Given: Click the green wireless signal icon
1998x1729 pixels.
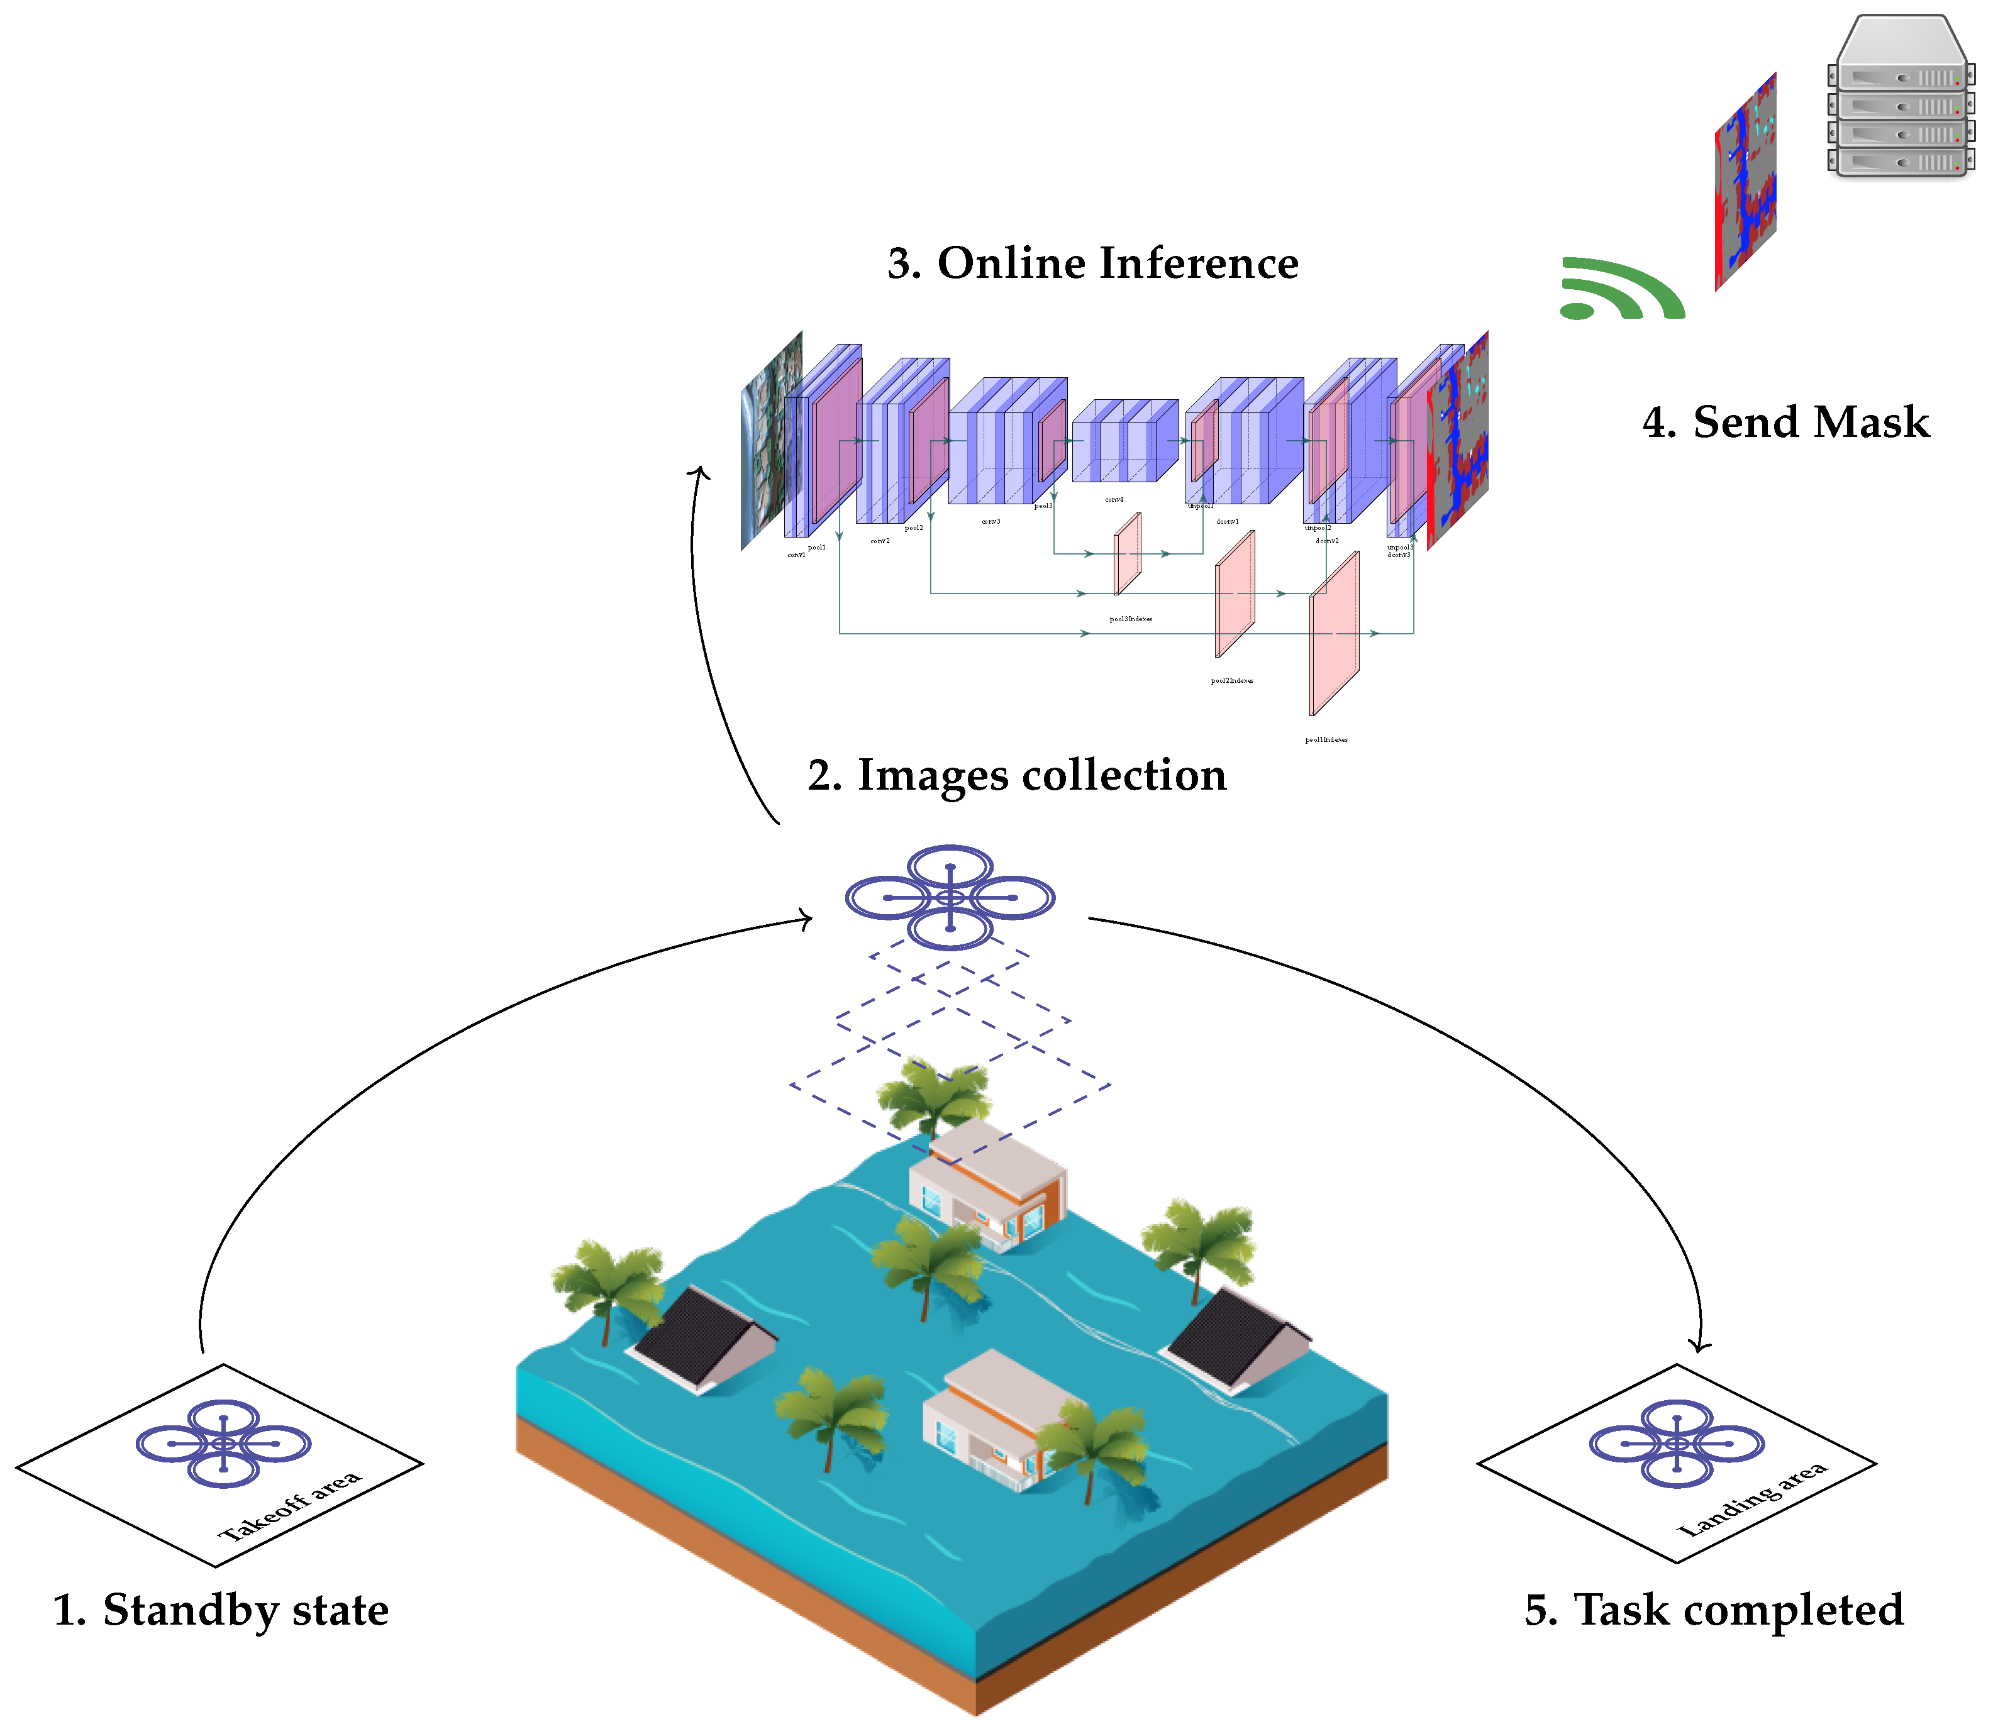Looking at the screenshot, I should [1621, 289].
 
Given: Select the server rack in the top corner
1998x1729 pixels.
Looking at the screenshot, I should [1899, 96].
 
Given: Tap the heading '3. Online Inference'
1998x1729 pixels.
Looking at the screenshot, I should [1092, 263].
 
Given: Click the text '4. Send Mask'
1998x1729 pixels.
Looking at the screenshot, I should [1785, 423].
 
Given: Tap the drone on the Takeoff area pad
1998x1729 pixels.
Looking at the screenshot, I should [223, 1444].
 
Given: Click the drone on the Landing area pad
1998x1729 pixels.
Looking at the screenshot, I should [1677, 1444].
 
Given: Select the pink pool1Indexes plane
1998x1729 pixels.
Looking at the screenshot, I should [1334, 634].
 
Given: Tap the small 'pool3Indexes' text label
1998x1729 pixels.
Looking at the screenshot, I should [1130, 619].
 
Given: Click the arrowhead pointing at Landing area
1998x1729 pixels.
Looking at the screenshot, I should [1700, 1346].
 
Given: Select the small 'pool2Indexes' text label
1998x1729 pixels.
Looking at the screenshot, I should [1231, 681].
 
